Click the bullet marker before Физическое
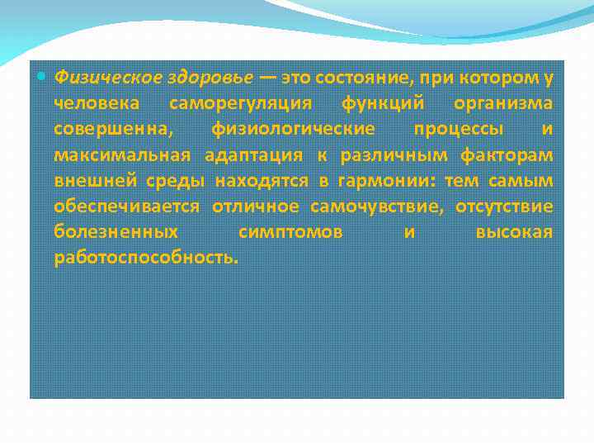coord(43,78)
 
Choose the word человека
coord(97,104)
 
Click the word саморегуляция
coord(240,104)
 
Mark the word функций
coord(383,104)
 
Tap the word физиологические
coord(293,130)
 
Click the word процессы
coord(455,130)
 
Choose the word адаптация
coord(252,155)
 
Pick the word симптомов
coord(290,232)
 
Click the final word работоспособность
coord(145,258)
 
